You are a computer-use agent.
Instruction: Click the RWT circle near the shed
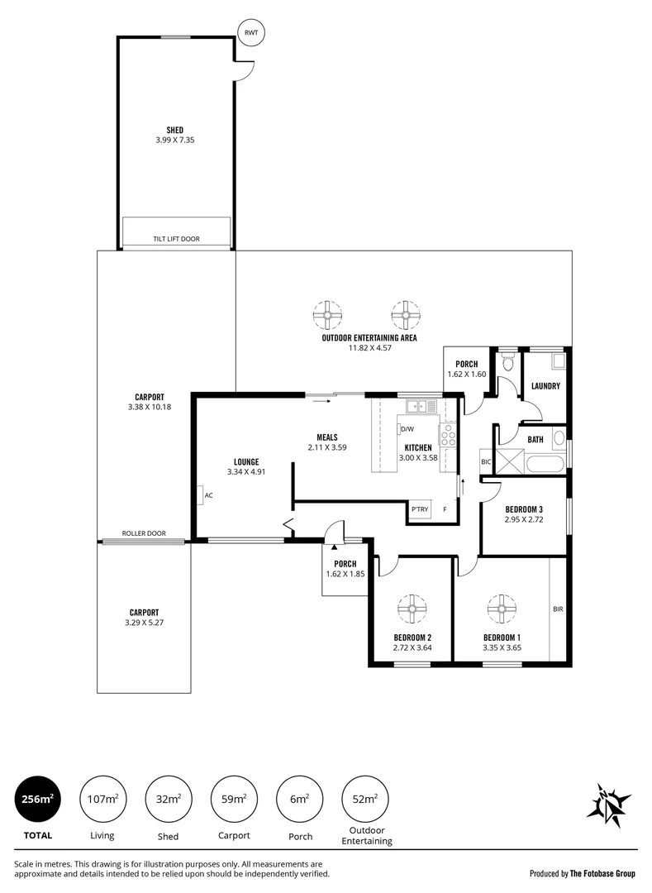point(250,33)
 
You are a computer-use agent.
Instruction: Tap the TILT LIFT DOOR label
point(176,239)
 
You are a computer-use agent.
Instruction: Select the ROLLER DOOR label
point(144,533)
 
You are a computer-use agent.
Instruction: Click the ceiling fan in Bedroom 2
point(411,609)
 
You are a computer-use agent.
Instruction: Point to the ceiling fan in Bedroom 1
point(501,609)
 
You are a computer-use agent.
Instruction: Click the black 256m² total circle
point(38,799)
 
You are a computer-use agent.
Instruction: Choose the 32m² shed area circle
point(169,799)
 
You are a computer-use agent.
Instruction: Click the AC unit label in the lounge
point(208,495)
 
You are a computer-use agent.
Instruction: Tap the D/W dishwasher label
point(406,429)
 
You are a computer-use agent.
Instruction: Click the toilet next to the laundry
point(507,363)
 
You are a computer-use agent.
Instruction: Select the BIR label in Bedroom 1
point(558,609)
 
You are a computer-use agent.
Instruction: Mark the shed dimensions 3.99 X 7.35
point(174,141)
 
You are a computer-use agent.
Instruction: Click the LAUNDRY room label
point(545,386)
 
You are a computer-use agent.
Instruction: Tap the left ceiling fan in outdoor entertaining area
point(328,315)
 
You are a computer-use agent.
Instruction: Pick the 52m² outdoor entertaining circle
point(365,799)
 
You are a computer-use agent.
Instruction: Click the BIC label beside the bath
point(486,461)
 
